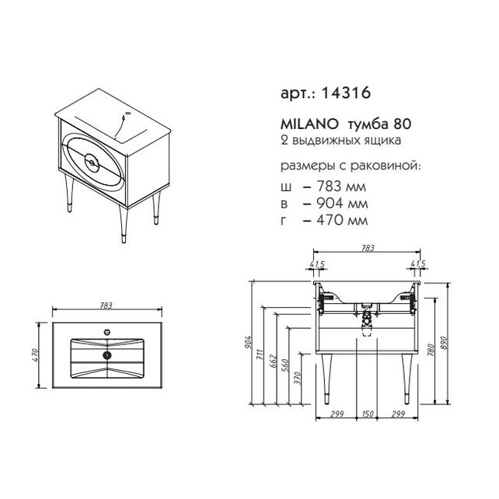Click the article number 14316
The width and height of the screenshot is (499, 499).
click(x=346, y=92)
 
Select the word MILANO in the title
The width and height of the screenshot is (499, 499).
click(x=309, y=124)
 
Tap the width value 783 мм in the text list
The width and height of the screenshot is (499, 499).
click(x=341, y=187)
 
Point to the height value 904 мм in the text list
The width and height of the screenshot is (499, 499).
click(x=342, y=203)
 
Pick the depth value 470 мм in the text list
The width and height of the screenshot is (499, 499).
click(x=342, y=220)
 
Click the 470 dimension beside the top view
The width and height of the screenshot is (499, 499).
click(x=35, y=355)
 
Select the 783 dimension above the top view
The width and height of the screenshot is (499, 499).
click(x=106, y=305)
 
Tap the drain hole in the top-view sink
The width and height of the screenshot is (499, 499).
click(x=107, y=355)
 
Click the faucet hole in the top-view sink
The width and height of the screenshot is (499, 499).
click(x=107, y=333)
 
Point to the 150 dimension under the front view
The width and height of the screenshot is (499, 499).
click(x=367, y=414)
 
